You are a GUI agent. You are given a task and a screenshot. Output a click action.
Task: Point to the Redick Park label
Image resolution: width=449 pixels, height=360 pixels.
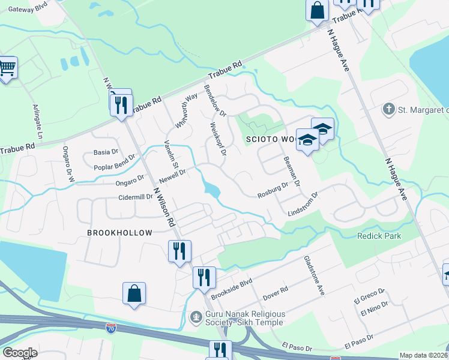click(x=379, y=236)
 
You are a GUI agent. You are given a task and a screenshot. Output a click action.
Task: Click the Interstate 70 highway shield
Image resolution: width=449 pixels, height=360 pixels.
click(x=110, y=328)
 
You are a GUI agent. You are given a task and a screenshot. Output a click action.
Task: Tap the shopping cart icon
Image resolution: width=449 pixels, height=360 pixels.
click(x=7, y=68)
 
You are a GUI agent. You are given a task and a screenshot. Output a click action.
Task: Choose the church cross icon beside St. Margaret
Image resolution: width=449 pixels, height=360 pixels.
click(x=388, y=109)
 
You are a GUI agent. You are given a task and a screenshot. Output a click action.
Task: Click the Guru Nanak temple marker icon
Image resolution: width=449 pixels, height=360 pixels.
click(x=196, y=316)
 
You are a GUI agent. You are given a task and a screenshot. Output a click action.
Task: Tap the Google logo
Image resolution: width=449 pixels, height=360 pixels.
click(x=20, y=353)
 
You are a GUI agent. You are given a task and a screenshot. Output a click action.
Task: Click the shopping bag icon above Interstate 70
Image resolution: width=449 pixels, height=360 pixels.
click(x=134, y=294)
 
